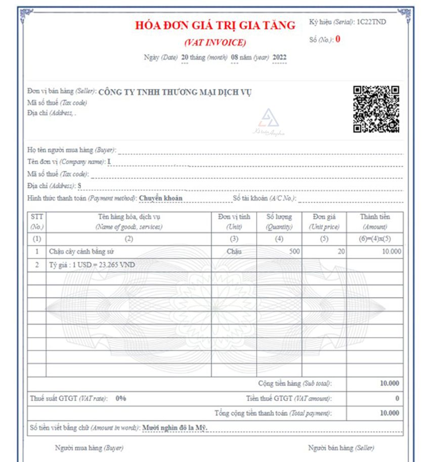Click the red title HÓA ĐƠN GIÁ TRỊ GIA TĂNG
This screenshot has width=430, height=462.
(x=215, y=25)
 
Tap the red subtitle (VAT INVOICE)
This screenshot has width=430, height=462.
(x=215, y=42)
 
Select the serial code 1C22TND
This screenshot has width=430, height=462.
(x=372, y=23)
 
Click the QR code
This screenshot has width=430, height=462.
(x=376, y=109)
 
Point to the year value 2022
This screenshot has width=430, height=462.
(x=279, y=58)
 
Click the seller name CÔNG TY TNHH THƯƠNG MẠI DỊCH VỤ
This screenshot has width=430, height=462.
(x=175, y=92)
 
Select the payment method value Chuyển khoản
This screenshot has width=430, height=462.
(x=160, y=198)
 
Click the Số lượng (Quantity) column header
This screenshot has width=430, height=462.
(x=279, y=222)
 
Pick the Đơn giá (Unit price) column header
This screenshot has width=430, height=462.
(x=324, y=222)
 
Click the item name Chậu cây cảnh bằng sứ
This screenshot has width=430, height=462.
(x=85, y=251)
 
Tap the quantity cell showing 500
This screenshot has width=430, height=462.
(x=294, y=251)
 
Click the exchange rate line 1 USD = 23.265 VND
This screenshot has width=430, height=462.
(x=92, y=265)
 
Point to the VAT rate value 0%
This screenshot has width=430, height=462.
(x=120, y=398)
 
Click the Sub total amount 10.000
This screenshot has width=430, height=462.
(x=389, y=383)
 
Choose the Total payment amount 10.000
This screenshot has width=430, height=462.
(x=389, y=413)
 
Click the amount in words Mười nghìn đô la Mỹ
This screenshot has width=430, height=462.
(x=175, y=428)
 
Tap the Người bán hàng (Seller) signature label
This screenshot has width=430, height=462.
(x=336, y=448)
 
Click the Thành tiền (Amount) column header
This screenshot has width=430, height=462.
(x=375, y=222)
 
